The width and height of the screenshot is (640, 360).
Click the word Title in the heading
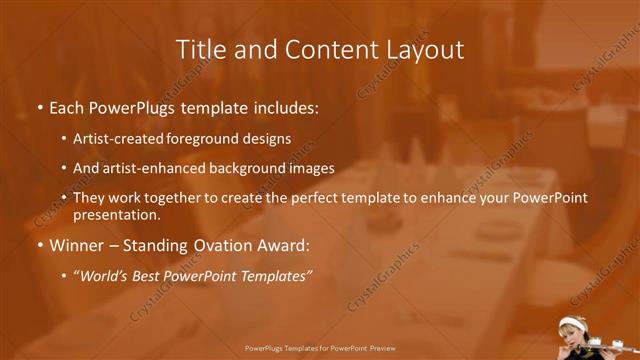(198, 49)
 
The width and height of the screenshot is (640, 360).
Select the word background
(241, 168)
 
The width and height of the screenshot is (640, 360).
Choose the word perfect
(332, 198)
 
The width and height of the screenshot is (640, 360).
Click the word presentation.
(116, 215)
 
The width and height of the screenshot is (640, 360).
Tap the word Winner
(72, 245)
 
